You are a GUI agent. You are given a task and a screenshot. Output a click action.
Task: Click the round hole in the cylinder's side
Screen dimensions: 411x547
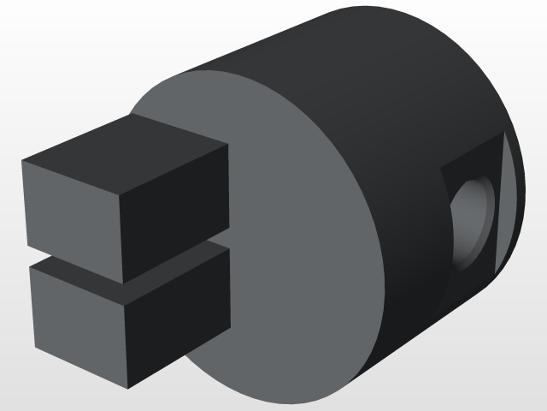pyautogui.click(x=471, y=219)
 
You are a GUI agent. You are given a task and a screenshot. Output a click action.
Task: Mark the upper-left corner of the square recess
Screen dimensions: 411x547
pyautogui.click(x=443, y=169)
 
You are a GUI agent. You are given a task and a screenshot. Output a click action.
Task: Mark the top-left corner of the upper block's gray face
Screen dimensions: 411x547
pyautogui.click(x=22, y=161)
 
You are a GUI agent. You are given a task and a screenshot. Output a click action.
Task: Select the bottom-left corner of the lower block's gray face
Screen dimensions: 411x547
pyautogui.click(x=36, y=348)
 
